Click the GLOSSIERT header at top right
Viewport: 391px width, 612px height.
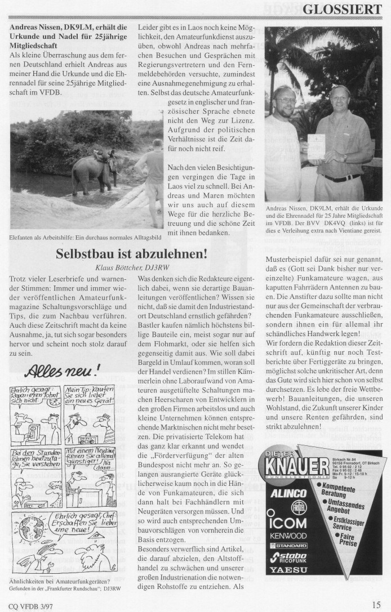click(343, 9)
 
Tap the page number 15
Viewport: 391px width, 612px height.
click(375, 606)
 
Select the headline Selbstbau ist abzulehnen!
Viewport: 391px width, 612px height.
click(131, 254)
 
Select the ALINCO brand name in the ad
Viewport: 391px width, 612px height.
click(290, 493)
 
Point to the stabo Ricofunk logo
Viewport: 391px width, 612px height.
click(288, 557)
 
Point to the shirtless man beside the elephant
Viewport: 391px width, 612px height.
click(150, 175)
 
